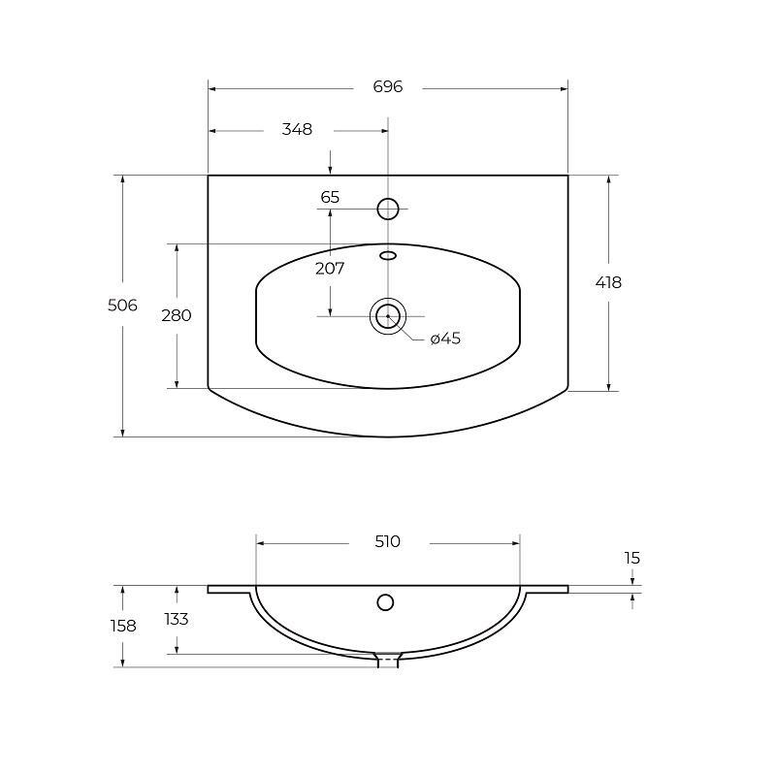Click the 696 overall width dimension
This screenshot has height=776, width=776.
tap(387, 87)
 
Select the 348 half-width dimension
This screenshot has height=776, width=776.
tap(297, 129)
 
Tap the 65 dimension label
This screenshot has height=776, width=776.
tap(330, 197)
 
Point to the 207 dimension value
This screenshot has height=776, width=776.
tap(330, 269)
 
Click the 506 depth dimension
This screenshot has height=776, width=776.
tap(122, 306)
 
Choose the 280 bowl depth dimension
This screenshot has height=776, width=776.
tap(177, 315)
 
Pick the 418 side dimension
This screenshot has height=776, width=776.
tap(608, 282)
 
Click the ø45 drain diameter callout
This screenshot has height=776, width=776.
tap(445, 339)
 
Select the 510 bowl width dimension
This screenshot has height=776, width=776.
tap(387, 541)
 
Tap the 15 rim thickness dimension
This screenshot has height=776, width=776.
tap(632, 558)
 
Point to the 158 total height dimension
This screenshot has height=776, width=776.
tap(122, 626)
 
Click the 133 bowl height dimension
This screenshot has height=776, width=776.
tap(177, 619)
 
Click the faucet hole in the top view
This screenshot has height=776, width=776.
tap(388, 208)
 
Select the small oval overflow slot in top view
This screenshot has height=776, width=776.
tap(388, 255)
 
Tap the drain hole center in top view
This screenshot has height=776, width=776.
tap(388, 316)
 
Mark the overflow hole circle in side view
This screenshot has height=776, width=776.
tap(385, 602)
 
